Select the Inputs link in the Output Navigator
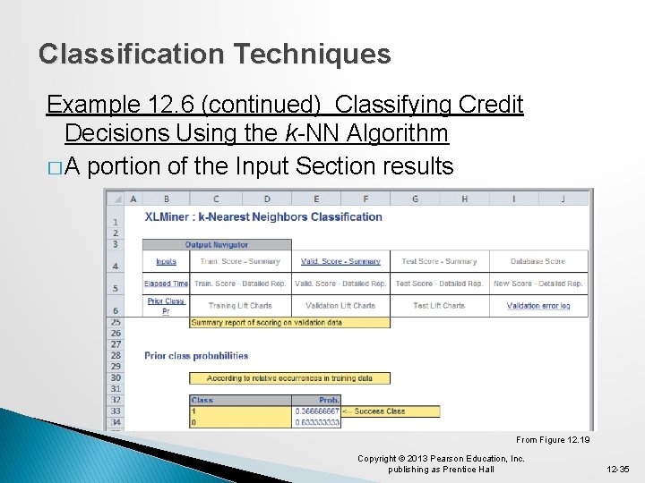click(x=166, y=261)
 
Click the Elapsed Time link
click(x=166, y=284)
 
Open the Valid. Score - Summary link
click(x=340, y=261)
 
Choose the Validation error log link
click(x=537, y=306)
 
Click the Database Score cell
click(x=537, y=261)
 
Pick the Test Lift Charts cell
click(x=439, y=306)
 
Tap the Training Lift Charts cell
click(x=240, y=306)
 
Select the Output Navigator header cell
click(x=217, y=244)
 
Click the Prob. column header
click(x=329, y=400)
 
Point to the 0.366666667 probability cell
click(x=317, y=411)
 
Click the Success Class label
click(x=379, y=411)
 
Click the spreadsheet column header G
click(x=415, y=199)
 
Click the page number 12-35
click(x=618, y=469)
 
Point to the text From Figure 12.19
click(x=552, y=440)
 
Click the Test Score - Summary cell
click(x=439, y=261)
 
